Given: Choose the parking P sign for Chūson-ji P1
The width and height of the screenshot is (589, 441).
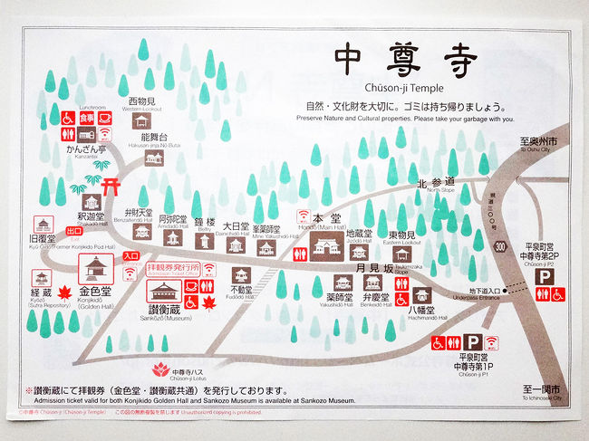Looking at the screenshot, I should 472,342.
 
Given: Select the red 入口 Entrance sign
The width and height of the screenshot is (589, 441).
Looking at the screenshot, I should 130,256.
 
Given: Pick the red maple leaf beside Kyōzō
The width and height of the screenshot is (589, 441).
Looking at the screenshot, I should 65,292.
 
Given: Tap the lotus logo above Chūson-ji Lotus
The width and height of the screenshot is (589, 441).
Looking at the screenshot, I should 162,369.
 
